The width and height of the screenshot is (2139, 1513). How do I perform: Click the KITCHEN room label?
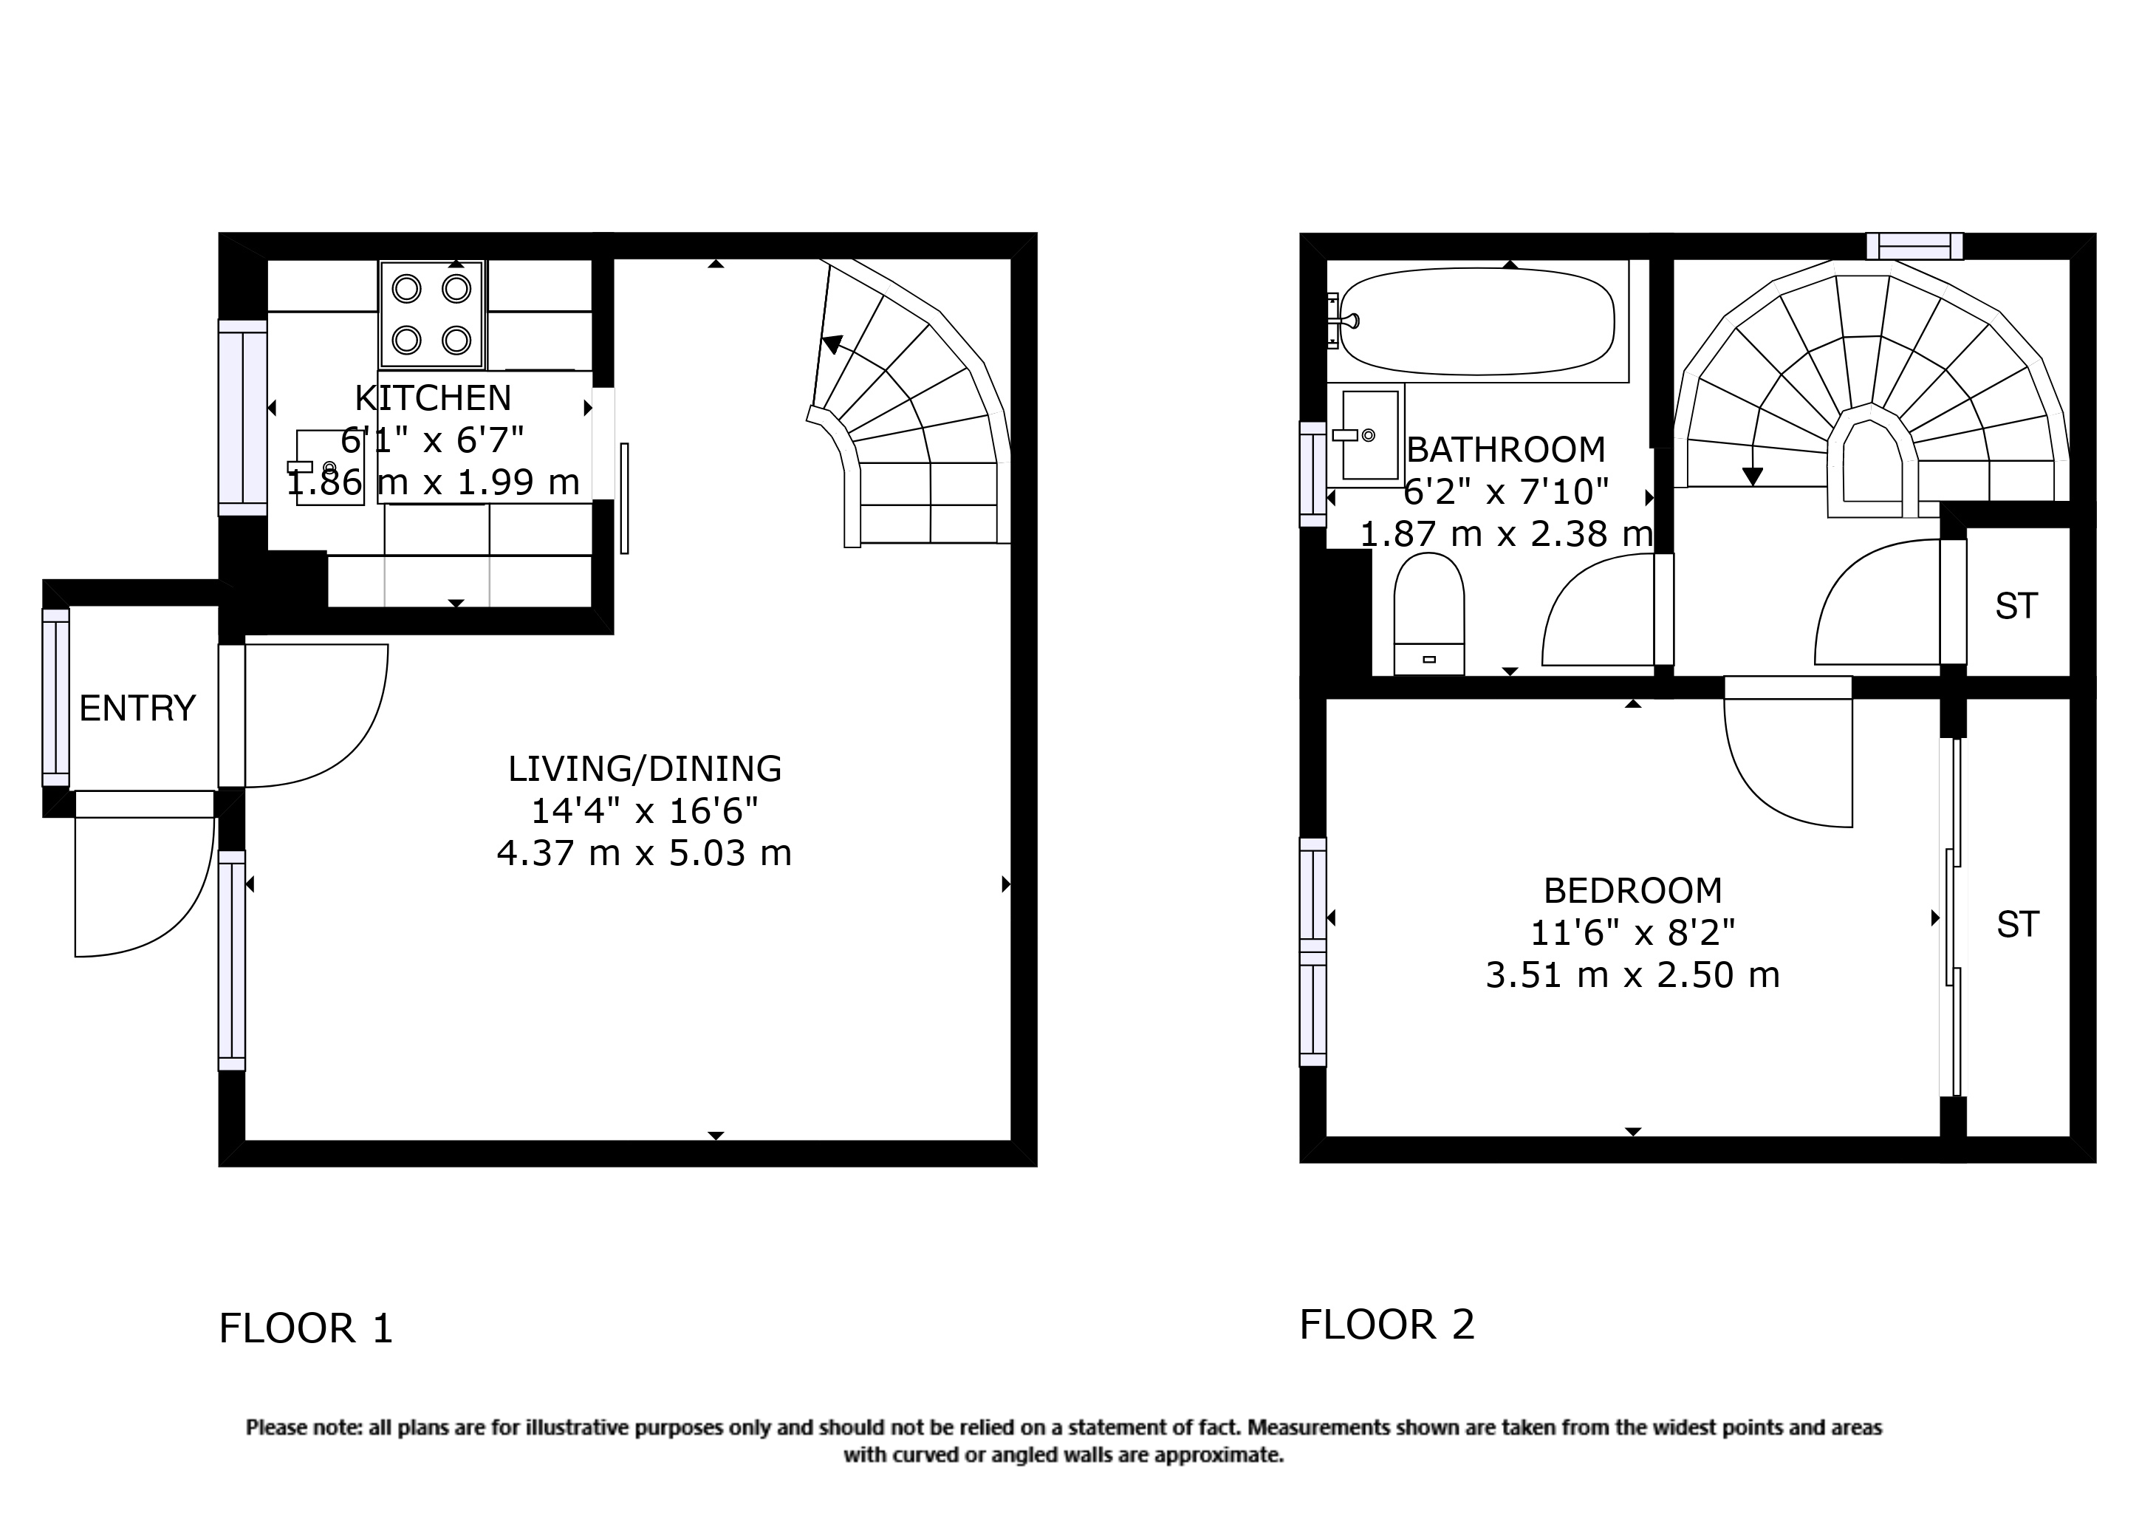click(434, 399)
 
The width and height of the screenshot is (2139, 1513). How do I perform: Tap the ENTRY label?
click(138, 709)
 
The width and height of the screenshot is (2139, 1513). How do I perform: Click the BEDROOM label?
click(1632, 892)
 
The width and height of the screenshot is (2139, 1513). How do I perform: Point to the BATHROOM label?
click(1505, 450)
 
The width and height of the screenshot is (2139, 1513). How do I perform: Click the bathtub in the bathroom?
click(1476, 321)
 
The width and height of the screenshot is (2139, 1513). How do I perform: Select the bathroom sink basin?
click(1369, 435)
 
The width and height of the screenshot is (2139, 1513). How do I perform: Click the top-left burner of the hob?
click(407, 289)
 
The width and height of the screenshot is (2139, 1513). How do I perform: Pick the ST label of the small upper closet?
click(2016, 607)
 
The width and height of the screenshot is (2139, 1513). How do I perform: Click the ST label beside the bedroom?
click(2017, 925)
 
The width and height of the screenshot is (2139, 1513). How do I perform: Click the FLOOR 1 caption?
click(306, 1328)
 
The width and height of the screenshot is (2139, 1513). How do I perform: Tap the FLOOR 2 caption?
click(1386, 1325)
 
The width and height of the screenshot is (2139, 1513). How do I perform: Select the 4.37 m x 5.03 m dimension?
click(645, 853)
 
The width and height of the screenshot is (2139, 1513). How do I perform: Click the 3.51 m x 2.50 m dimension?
click(1632, 975)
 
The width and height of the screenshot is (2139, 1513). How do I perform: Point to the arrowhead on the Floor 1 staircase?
click(832, 345)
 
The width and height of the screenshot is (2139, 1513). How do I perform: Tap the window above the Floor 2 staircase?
click(1914, 246)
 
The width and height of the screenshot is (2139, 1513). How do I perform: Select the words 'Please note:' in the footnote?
click(304, 1428)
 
